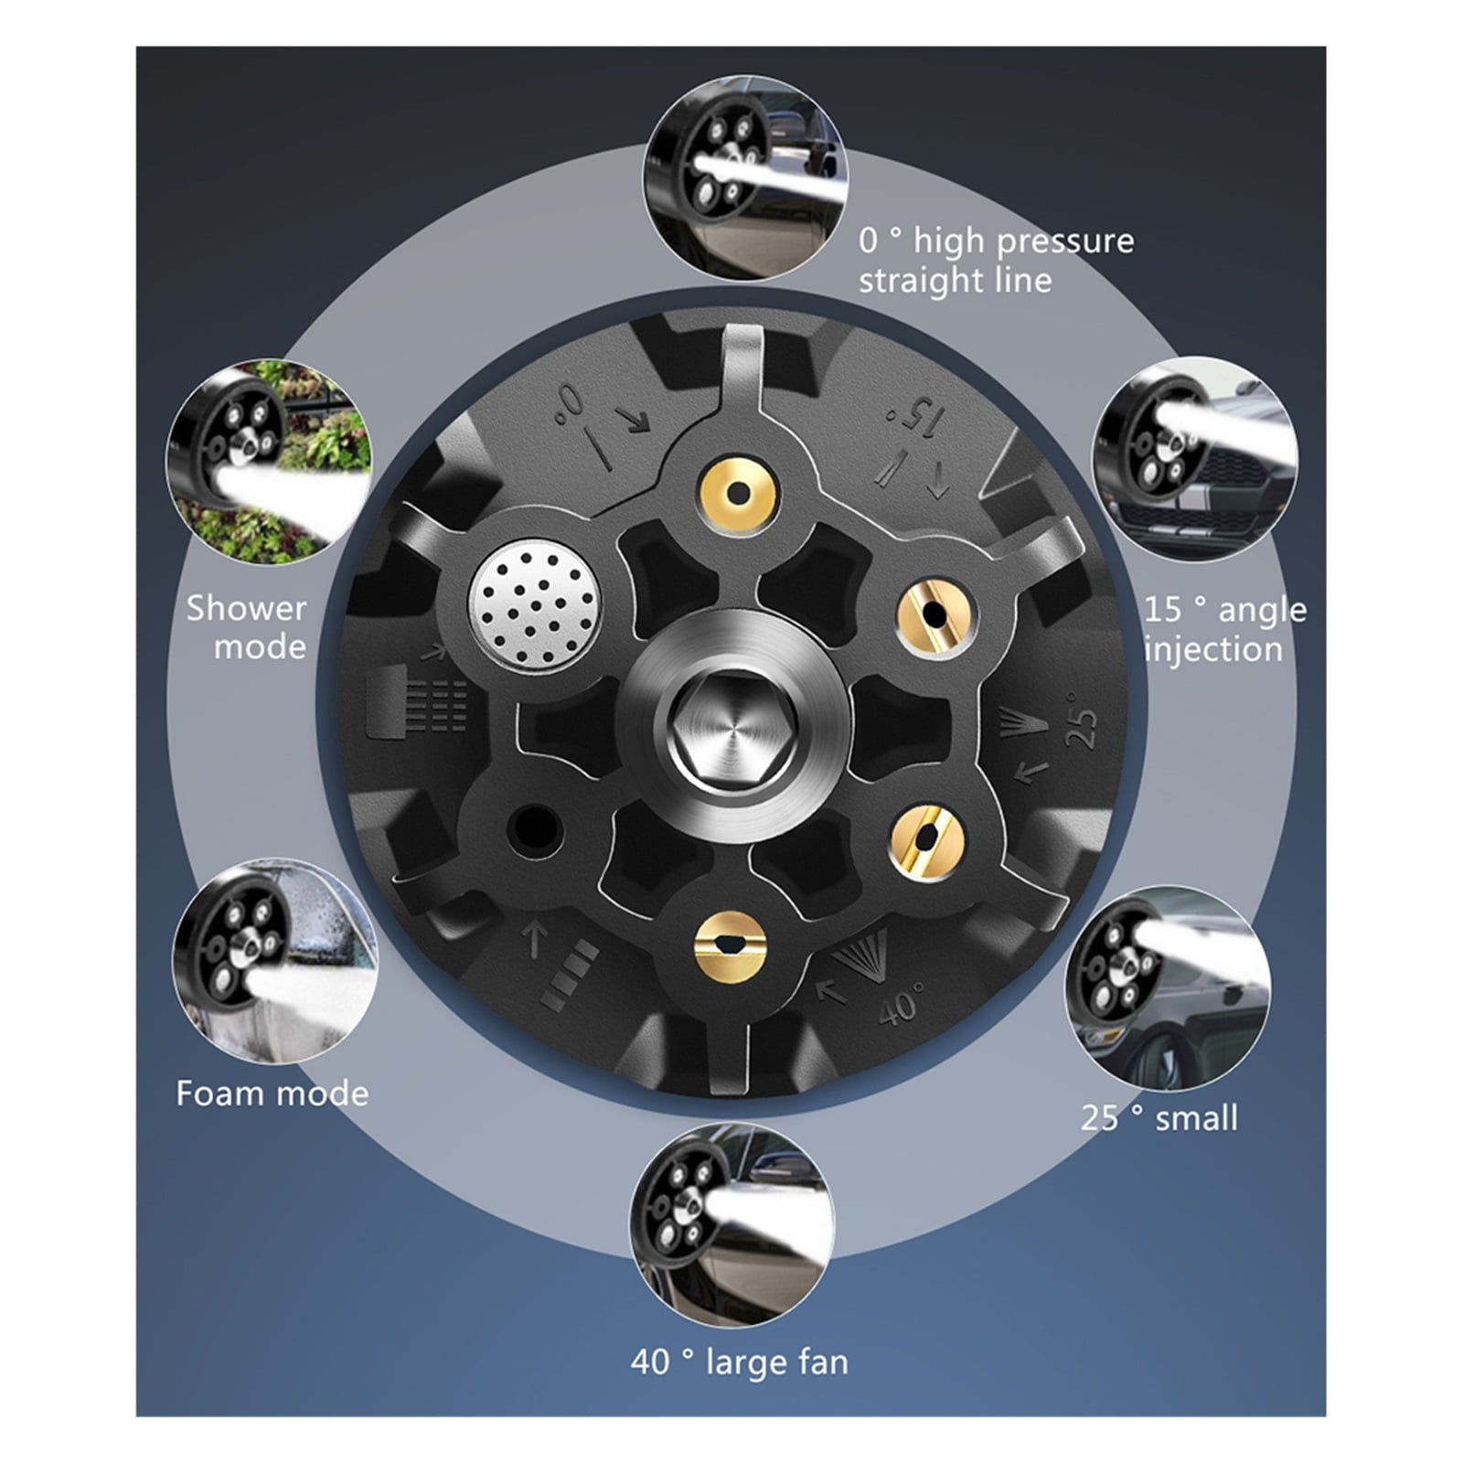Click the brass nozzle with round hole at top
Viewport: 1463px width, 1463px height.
point(738,494)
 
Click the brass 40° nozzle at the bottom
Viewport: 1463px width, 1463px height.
point(730,945)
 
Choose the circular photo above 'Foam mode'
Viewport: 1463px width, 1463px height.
point(273,960)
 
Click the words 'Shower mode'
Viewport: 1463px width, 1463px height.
point(248,627)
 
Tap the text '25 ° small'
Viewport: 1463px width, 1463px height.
point(1159,1117)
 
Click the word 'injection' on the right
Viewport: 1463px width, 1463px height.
point(1213,650)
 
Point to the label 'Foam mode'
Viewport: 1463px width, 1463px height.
point(272,1093)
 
